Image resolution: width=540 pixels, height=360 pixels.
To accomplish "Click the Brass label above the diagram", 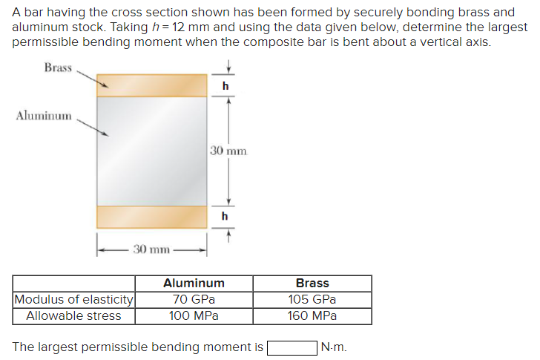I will (57, 68).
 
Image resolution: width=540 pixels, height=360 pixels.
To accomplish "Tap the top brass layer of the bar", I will (151, 85).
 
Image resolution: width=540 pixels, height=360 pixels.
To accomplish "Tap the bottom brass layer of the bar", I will (151, 217).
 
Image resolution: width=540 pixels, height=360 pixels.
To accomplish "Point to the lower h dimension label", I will (225, 216).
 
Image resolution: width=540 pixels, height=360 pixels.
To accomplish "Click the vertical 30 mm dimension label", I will (228, 151).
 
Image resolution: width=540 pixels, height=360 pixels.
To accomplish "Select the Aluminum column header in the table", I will (194, 283).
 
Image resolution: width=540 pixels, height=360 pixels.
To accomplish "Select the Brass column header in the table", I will (312, 283).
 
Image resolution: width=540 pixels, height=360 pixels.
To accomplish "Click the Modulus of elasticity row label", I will (74, 300).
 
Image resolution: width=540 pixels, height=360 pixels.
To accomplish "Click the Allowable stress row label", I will (73, 315).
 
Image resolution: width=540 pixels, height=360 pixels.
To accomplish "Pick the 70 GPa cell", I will (194, 300).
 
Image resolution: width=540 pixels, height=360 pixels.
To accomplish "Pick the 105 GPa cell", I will (312, 300).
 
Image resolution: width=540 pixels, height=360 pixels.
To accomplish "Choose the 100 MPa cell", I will (194, 315).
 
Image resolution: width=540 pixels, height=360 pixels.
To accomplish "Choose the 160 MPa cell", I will (312, 315).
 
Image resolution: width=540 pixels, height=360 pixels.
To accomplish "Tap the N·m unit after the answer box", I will (334, 347).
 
